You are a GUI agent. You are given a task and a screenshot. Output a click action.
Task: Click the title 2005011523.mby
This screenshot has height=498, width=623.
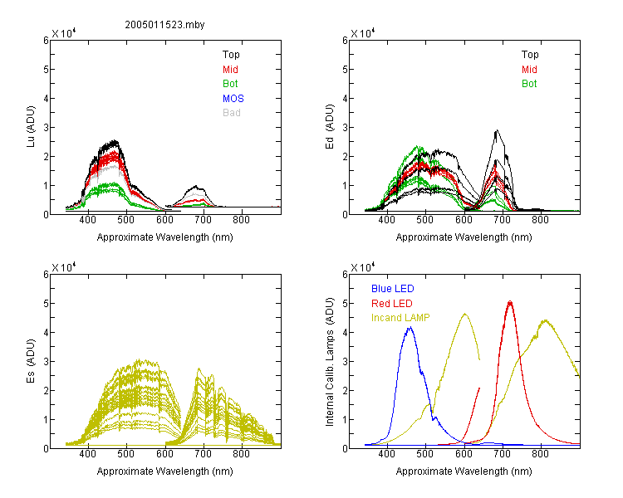pyautogui.click(x=164, y=25)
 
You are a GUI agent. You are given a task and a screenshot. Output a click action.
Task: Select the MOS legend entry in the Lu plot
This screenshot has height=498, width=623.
pyautogui.click(x=233, y=98)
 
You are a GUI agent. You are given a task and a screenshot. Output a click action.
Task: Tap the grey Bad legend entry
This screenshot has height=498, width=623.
pyautogui.click(x=232, y=112)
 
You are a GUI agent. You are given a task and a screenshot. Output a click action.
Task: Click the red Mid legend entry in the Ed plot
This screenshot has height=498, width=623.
pyautogui.click(x=529, y=70)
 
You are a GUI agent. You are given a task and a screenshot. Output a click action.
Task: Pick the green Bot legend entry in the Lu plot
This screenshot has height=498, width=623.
pyautogui.click(x=230, y=83)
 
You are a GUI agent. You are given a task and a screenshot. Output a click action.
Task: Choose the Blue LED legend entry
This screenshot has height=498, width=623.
pyautogui.click(x=393, y=288)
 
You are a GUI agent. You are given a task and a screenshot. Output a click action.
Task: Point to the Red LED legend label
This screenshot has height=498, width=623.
pyautogui.click(x=392, y=304)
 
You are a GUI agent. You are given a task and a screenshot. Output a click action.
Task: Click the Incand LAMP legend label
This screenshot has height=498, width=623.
pyautogui.click(x=400, y=318)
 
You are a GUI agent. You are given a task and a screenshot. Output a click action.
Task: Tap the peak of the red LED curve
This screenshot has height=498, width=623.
pyautogui.click(x=510, y=302)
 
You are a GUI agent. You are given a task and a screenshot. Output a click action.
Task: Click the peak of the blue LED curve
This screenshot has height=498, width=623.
pyautogui.click(x=410, y=327)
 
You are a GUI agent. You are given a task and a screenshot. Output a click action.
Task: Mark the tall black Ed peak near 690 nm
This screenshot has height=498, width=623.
pyautogui.click(x=497, y=130)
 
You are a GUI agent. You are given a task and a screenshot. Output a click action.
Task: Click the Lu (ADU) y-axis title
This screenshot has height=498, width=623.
pyautogui.click(x=31, y=127)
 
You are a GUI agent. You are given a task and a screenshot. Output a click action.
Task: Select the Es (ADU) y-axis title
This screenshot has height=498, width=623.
pyautogui.click(x=31, y=361)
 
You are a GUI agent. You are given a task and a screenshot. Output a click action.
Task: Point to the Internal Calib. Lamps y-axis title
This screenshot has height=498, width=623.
pyautogui.click(x=330, y=362)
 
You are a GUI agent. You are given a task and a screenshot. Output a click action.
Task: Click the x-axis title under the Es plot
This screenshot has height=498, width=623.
pyautogui.click(x=165, y=471)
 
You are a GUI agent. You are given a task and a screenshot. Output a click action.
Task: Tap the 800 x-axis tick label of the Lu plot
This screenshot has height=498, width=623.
pyautogui.click(x=241, y=220)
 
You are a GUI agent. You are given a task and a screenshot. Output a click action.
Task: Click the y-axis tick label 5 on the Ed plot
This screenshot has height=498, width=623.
pyautogui.click(x=345, y=69)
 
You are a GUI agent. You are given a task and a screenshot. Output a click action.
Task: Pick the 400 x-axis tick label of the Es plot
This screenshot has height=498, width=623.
pyautogui.click(x=87, y=453)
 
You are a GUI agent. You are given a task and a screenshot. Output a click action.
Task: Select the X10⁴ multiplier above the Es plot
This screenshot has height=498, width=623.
pyautogui.click(x=64, y=267)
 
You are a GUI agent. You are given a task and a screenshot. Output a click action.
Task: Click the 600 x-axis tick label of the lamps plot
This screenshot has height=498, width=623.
pyautogui.click(x=464, y=453)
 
